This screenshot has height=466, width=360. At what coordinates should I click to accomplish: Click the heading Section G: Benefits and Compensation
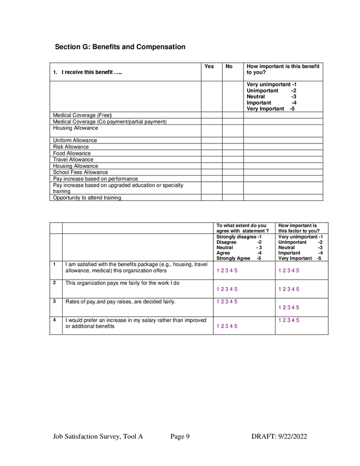click(120, 47)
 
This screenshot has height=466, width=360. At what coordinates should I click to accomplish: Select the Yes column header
click(209, 66)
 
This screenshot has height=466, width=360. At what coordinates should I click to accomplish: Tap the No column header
click(229, 66)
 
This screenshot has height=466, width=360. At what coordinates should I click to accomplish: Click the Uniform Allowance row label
click(75, 140)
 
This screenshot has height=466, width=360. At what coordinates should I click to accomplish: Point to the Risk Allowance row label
click(71, 147)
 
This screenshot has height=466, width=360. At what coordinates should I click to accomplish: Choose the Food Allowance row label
click(72, 153)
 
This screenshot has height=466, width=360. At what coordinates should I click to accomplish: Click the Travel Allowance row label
click(73, 159)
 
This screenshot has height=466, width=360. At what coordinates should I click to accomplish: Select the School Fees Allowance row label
click(81, 172)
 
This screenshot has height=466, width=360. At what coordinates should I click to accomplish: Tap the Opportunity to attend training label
click(87, 198)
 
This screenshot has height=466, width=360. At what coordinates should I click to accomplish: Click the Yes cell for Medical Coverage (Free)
click(211, 115)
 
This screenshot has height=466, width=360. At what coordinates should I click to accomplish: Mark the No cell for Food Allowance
click(233, 153)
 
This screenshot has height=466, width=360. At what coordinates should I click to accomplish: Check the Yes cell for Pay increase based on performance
click(211, 179)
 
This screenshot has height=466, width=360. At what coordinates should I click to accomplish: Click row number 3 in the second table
click(54, 301)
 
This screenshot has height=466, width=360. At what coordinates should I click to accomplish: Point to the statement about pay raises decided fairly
click(121, 301)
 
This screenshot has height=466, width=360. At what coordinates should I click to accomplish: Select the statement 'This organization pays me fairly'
click(122, 283)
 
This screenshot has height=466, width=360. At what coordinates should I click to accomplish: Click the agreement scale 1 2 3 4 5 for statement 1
click(227, 271)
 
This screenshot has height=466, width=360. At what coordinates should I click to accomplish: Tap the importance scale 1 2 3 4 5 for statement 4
click(289, 320)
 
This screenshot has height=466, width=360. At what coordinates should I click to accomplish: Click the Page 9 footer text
click(180, 436)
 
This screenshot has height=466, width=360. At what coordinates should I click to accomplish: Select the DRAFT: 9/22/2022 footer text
click(279, 436)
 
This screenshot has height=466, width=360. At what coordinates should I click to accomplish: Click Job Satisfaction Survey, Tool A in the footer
click(98, 436)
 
